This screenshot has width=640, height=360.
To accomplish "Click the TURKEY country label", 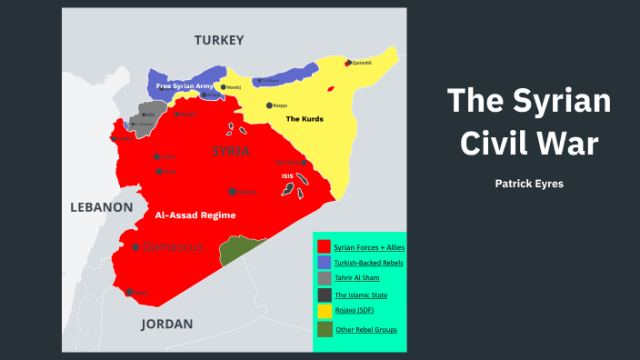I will [219, 40].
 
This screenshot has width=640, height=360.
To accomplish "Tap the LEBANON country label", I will [102, 207].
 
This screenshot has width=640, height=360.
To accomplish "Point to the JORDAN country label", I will [167, 324].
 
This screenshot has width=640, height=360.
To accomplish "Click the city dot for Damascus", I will [136, 247].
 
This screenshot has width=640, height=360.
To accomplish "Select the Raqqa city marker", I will [269, 105].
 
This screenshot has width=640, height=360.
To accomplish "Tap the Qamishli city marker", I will [348, 63].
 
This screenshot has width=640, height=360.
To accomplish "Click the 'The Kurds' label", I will [305, 119].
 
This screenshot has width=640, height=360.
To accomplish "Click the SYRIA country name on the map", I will [230, 151].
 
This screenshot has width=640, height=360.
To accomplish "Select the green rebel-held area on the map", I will [239, 250].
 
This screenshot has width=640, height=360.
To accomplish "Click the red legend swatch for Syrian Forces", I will [323, 246].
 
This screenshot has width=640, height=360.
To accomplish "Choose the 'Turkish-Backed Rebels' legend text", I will [367, 263].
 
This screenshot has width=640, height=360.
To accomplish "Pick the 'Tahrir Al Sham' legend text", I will [358, 279].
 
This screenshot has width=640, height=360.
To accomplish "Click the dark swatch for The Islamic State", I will [323, 295].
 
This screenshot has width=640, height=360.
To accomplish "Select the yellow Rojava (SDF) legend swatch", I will [323, 312].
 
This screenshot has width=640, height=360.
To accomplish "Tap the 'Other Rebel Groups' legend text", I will [365, 329].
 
